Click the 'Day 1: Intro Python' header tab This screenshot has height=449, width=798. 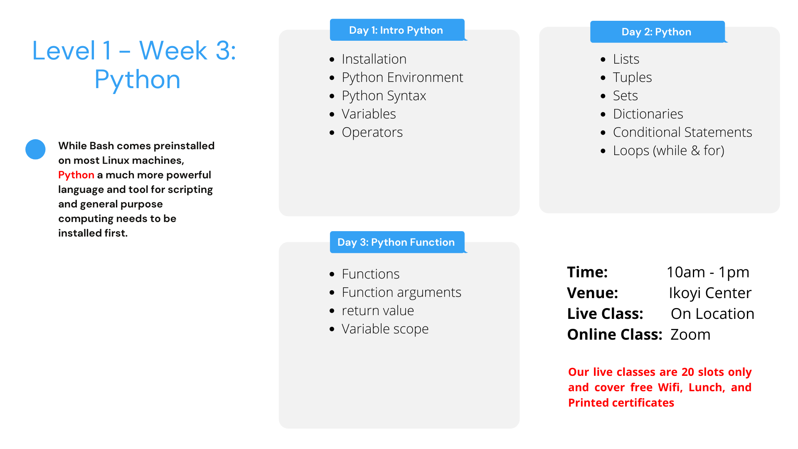pos(397,30)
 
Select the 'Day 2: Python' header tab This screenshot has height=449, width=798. pos(657,32)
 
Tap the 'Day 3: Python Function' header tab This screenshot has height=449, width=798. pos(397,242)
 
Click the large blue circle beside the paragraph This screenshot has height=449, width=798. pos(35,149)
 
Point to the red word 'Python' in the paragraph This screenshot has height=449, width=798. pos(76,175)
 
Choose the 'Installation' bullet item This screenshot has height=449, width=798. pos(374,59)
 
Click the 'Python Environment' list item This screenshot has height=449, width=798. pos(402,77)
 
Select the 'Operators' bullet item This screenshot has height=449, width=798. pos(372,132)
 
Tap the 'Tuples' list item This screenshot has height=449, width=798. pos(632,77)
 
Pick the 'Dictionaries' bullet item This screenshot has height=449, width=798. pos(648,114)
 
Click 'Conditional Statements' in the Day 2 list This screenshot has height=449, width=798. pos(682,132)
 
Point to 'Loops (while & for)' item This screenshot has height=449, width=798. pos(668,150)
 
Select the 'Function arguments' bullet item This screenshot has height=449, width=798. pos(401,292)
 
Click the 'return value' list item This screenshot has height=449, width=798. pos(378,311)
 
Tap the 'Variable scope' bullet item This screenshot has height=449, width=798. pos(385,329)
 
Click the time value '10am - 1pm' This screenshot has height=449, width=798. pos(708,272)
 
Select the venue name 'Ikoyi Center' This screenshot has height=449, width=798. pos(710,293)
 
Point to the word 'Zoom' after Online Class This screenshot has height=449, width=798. pos(690,335)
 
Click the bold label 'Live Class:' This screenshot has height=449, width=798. pos(605,314)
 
